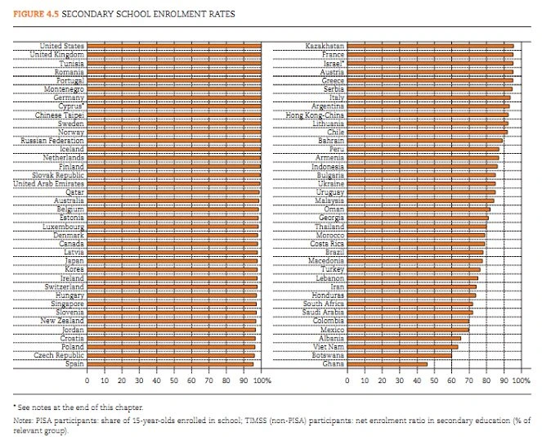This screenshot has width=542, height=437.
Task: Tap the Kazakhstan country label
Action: click(325, 47)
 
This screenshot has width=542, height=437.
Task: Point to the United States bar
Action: click(173, 47)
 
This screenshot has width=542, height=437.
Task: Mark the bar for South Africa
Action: click(410, 304)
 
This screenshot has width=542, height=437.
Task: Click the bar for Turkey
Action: click(414, 269)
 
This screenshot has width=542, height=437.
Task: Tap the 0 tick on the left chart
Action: click(87, 381)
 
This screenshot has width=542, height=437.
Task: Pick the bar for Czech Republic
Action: click(170, 355)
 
